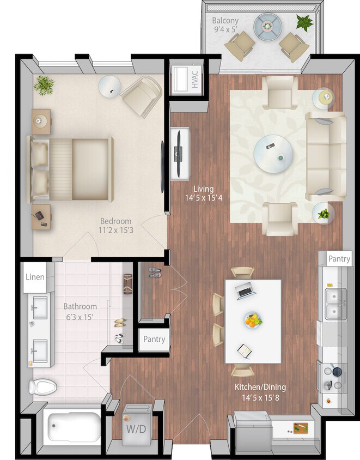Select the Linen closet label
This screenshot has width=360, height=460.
pyautogui.click(x=35, y=277)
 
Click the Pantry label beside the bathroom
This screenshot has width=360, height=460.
pyautogui.click(x=154, y=339)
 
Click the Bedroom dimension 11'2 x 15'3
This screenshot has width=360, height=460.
pyautogui.click(x=115, y=231)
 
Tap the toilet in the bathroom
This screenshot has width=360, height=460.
pyautogui.click(x=42, y=388)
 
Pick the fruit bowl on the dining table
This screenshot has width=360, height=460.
pyautogui.click(x=253, y=320)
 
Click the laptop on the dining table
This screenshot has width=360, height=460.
pyautogui.click(x=245, y=292)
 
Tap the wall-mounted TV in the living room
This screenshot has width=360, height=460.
pyautogui.click(x=178, y=153)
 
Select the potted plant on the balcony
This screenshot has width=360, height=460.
pyautogui.click(x=304, y=22)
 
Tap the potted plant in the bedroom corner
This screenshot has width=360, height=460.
pyautogui.click(x=44, y=84)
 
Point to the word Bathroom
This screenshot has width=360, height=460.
pyautogui.click(x=80, y=307)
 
